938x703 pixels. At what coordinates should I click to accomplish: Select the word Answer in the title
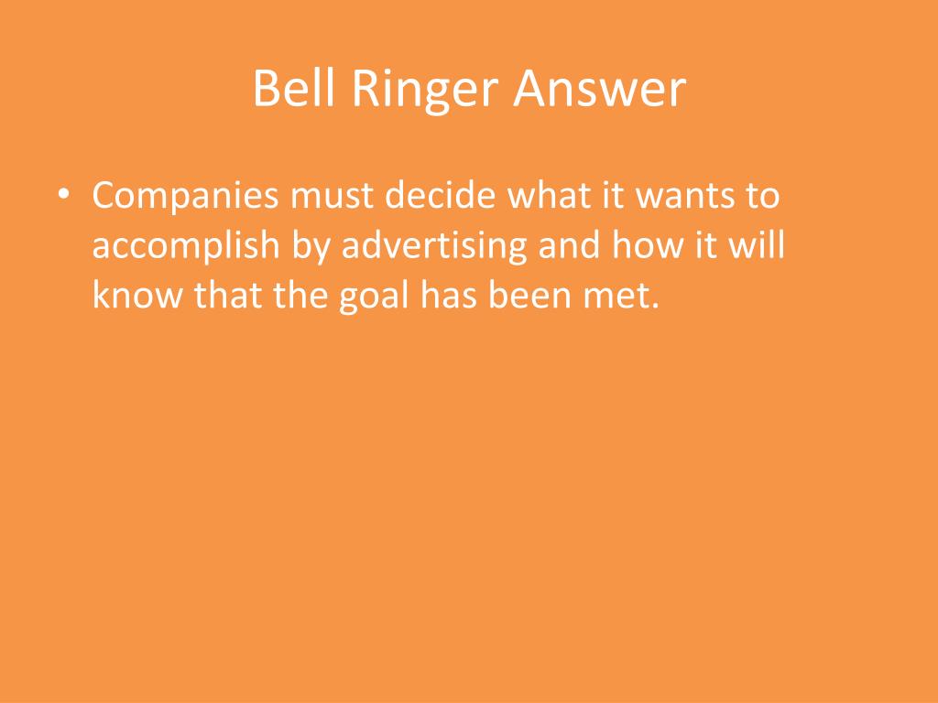(x=599, y=90)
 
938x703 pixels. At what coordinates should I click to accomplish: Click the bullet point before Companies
(x=62, y=197)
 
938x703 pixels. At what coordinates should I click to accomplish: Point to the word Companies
(x=184, y=197)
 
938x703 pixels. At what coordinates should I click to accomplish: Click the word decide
(x=442, y=197)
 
